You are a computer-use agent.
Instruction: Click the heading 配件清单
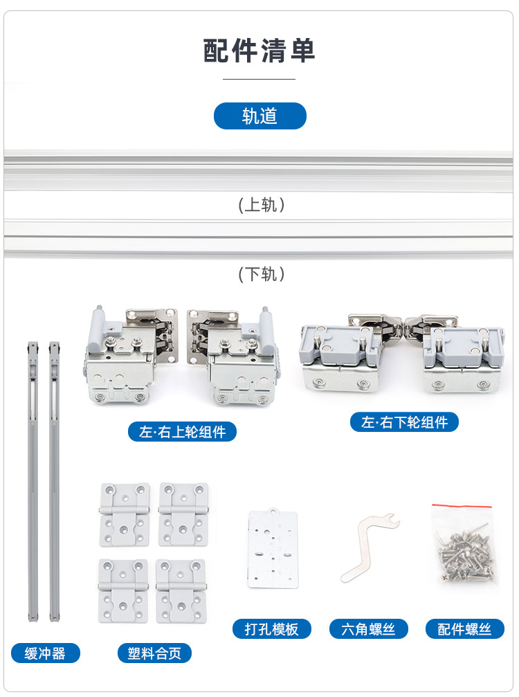pyautogui.click(x=259, y=52)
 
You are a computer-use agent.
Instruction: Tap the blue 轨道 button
pyautogui.click(x=259, y=116)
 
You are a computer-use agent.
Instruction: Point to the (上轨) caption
pyautogui.click(x=261, y=205)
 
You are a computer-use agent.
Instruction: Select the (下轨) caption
pyautogui.click(x=261, y=274)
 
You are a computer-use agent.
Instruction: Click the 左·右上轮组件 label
pyautogui.click(x=183, y=432)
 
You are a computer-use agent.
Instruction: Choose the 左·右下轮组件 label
pyautogui.click(x=404, y=422)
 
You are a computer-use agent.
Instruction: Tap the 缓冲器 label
pyautogui.click(x=45, y=653)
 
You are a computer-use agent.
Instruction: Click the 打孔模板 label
pyautogui.click(x=271, y=629)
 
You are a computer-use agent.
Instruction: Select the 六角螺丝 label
pyautogui.click(x=368, y=629)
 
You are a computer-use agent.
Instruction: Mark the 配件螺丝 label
pyautogui.click(x=464, y=629)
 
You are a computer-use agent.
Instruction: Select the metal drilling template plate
pyautogui.click(x=273, y=549)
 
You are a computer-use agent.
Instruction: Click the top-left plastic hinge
pyautogui.click(x=125, y=514)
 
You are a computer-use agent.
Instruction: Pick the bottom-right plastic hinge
pyautogui.click(x=181, y=590)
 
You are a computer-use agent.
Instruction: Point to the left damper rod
pyautogui.click(x=32, y=481)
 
